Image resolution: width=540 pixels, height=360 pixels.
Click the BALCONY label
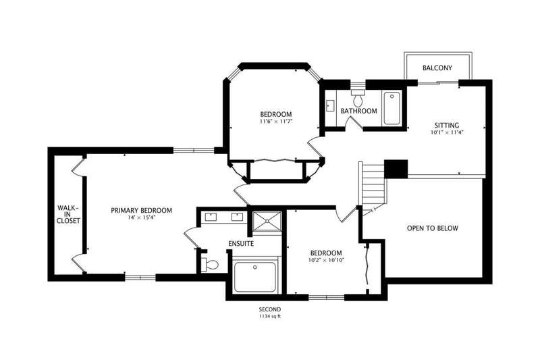tap(437, 68)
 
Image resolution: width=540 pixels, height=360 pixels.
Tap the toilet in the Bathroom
tap(358, 98)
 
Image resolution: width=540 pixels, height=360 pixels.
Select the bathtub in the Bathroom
tap(392, 108)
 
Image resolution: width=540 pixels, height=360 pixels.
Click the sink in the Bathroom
tap(330, 106)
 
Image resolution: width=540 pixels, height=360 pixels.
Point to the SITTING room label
tap(447, 126)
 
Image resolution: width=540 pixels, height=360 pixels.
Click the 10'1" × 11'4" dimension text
tap(447, 132)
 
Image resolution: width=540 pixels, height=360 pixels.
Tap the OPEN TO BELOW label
tap(433, 228)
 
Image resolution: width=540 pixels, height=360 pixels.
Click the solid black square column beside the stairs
tap(396, 169)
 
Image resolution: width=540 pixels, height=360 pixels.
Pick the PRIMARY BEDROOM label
tap(141, 210)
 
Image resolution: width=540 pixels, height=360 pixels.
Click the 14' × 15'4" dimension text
tap(141, 217)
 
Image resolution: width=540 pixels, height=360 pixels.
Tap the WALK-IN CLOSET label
tap(68, 214)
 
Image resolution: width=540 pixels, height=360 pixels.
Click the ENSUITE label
tap(241, 244)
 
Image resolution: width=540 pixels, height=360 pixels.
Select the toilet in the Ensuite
tap(210, 265)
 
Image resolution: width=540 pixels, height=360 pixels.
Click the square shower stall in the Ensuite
tap(267, 222)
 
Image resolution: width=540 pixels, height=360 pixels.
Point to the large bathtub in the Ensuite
tap(255, 277)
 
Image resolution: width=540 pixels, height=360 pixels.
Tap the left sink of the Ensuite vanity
tap(210, 217)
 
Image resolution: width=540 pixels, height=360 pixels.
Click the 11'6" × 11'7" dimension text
tap(276, 122)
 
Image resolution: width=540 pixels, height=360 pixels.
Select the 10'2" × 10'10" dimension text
tap(326, 260)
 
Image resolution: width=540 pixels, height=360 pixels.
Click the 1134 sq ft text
tap(270, 316)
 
